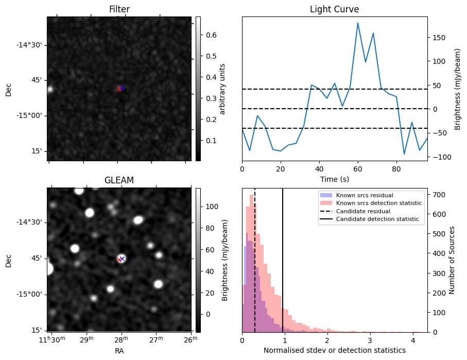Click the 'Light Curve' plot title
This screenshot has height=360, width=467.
pyautogui.click(x=334, y=9)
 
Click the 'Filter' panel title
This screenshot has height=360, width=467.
pyautogui.click(x=119, y=9)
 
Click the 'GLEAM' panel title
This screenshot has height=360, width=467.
pyautogui.click(x=119, y=180)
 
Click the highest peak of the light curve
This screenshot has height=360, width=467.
pyautogui.click(x=358, y=23)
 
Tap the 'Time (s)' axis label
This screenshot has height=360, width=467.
pyautogui.click(x=334, y=178)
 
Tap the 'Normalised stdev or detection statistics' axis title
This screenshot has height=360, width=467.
pyautogui.click(x=334, y=350)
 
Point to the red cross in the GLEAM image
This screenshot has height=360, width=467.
pyautogui.click(x=119, y=260)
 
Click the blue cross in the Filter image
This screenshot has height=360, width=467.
pyautogui.click(x=123, y=88)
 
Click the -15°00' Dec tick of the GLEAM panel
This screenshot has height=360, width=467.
pyautogui.click(x=31, y=294)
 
